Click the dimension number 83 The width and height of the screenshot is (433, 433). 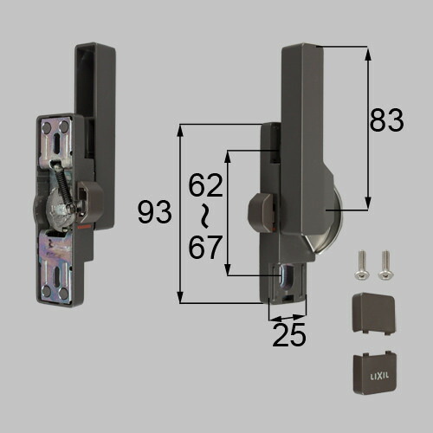coord(386,120)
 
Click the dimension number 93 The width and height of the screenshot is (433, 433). coord(154,212)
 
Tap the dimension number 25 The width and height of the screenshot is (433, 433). coord(288,334)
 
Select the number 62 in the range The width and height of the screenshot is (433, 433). coord(205,185)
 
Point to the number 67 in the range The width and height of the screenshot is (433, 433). coord(205,247)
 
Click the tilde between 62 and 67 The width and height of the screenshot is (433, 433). coord(204,216)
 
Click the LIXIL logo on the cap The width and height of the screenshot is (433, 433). coord(379,376)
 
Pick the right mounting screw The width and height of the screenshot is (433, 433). coord(385,265)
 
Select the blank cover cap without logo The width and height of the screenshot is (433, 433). coord(374,313)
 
